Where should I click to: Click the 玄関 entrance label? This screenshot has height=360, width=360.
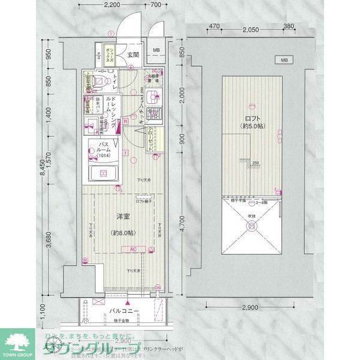[133, 55]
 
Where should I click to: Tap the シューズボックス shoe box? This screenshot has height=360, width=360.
[110, 55]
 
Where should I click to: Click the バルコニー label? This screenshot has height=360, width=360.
[124, 311]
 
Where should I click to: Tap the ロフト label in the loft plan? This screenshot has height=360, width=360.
[251, 117]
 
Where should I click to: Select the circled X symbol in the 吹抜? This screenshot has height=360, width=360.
[252, 227]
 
